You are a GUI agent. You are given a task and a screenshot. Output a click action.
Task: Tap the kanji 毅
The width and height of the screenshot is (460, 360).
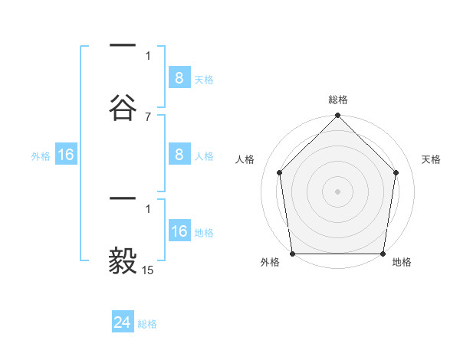pos(123,259)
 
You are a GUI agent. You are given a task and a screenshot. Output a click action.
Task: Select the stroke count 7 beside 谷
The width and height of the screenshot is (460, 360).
pos(148,116)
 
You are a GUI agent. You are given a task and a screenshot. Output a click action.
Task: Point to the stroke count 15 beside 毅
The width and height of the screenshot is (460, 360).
pos(148,270)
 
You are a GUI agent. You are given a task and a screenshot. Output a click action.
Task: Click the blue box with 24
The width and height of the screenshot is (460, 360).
pos(123,322)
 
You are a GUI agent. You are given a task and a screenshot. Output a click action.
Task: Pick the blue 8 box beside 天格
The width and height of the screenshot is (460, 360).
pos(179,77)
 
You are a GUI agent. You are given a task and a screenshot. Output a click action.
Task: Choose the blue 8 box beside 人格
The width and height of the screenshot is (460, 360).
pos(179,155)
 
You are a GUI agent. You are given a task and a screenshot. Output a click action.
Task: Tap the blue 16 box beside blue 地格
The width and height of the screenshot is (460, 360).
pos(179,231)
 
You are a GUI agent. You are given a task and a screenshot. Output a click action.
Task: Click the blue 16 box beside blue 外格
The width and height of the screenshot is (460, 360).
pos(66,155)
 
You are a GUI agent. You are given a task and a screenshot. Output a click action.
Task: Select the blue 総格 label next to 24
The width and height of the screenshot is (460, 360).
pos(147,324)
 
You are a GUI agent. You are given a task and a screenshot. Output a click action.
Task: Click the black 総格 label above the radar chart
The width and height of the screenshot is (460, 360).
pos(337,100)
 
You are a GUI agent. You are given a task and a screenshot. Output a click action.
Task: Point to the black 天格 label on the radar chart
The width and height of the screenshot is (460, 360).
pos(432,159)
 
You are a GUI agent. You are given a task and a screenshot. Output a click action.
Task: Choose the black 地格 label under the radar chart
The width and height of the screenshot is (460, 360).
pos(402,263)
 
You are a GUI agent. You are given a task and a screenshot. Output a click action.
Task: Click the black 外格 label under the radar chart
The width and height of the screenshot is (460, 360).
pos(270,263)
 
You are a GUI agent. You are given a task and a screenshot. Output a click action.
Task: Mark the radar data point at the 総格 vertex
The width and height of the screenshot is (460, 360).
pos(337,116)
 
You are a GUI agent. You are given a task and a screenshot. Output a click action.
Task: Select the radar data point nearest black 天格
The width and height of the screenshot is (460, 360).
pos(396,172)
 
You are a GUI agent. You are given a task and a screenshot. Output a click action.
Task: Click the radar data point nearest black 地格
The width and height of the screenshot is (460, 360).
pos(383,254)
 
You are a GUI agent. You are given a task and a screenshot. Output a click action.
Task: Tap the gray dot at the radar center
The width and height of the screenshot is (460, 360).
pos(337,191)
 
